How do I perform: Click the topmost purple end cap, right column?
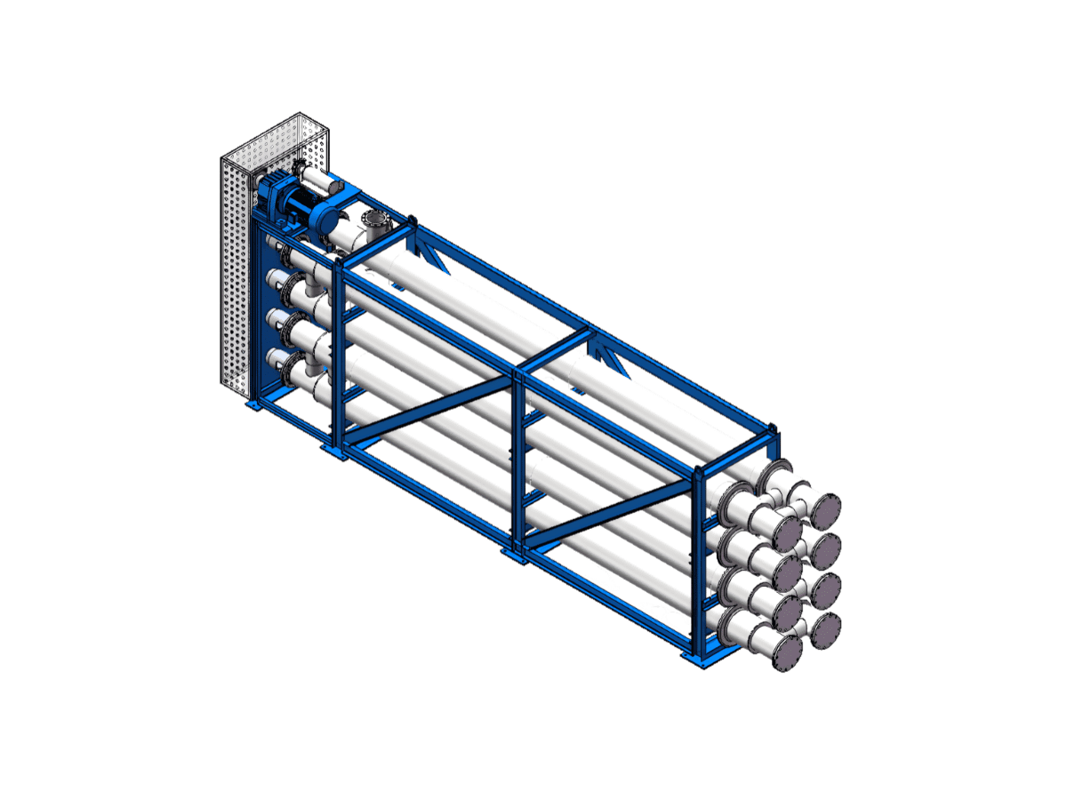click(824, 511)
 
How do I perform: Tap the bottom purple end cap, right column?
click(824, 630)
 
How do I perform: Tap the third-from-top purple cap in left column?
click(788, 612)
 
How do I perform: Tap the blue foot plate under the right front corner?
click(697, 659)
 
